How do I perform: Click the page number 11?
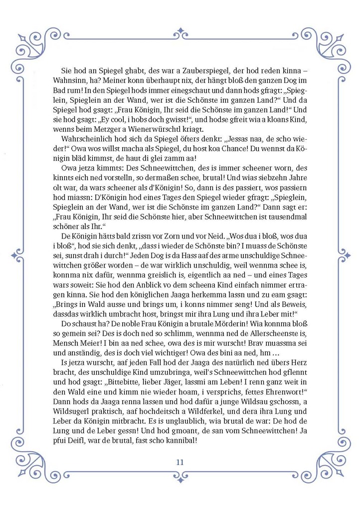pyautogui.click(x=180, y=462)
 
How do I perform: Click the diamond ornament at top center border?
pyautogui.click(x=180, y=33)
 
